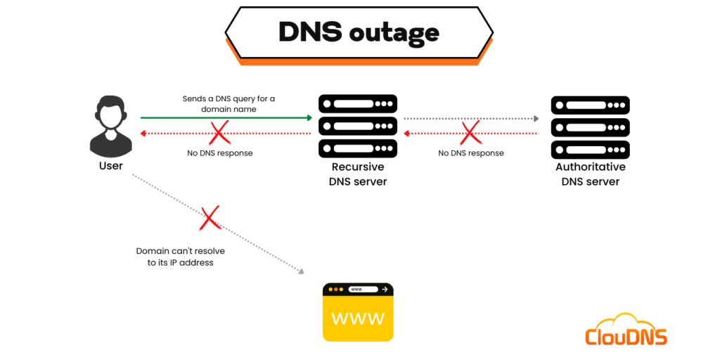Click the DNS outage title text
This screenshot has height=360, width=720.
pyautogui.click(x=359, y=32)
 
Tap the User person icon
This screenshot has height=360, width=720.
pyautogui.click(x=111, y=127)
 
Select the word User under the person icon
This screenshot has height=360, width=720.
pyautogui.click(x=111, y=166)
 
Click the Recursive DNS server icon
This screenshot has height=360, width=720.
pyautogui.click(x=357, y=126)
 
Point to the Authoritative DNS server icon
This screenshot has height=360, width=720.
pyautogui.click(x=590, y=126)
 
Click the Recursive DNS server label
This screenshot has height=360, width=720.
pyautogui.click(x=357, y=174)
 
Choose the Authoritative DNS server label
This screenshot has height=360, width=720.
pyautogui.click(x=590, y=174)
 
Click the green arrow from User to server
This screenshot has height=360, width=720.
pyautogui.click(x=225, y=118)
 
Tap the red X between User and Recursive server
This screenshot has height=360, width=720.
pyautogui.click(x=220, y=132)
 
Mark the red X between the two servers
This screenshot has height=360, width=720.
pyautogui.click(x=470, y=132)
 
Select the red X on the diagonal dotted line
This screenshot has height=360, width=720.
pyautogui.click(x=210, y=219)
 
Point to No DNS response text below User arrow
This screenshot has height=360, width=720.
pyautogui.click(x=219, y=153)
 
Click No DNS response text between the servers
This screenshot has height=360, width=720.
pyautogui.click(x=470, y=153)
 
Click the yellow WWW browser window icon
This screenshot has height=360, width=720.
pyautogui.click(x=357, y=312)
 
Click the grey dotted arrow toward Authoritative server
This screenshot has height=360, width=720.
pyautogui.click(x=471, y=118)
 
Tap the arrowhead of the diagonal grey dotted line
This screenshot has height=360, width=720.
pyautogui.click(x=302, y=272)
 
